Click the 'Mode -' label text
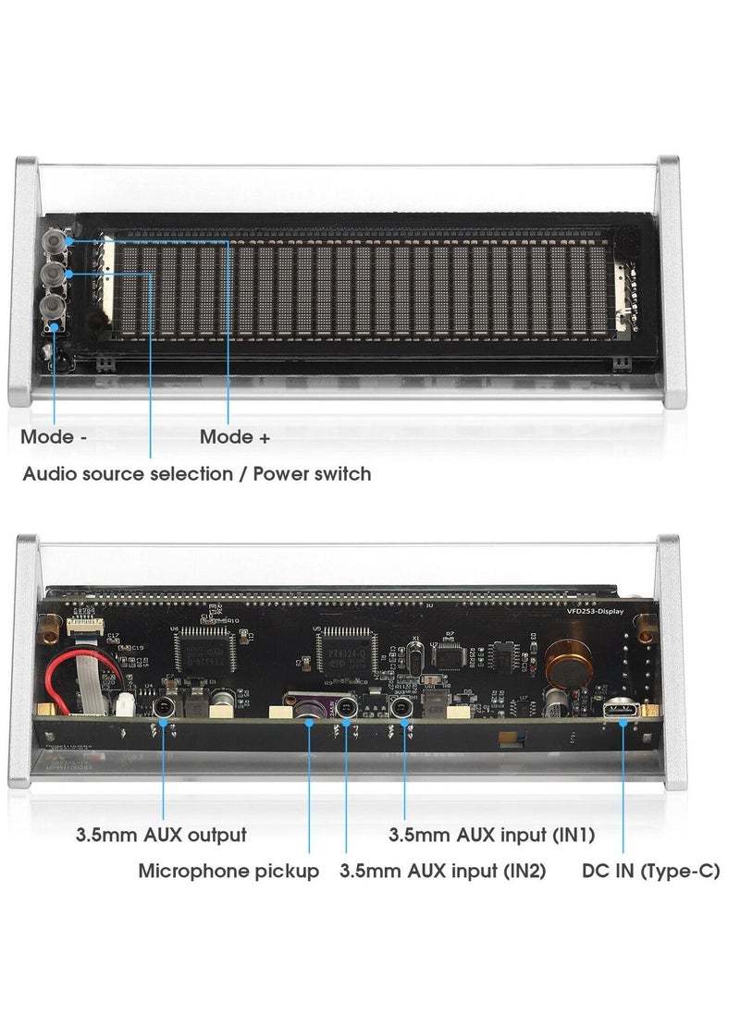54,437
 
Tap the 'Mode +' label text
235,437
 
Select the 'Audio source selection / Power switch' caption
196,474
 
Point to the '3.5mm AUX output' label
161,835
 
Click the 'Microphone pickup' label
228,871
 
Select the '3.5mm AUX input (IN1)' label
491,835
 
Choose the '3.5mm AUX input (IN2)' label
443,871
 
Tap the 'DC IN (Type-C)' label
650,871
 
